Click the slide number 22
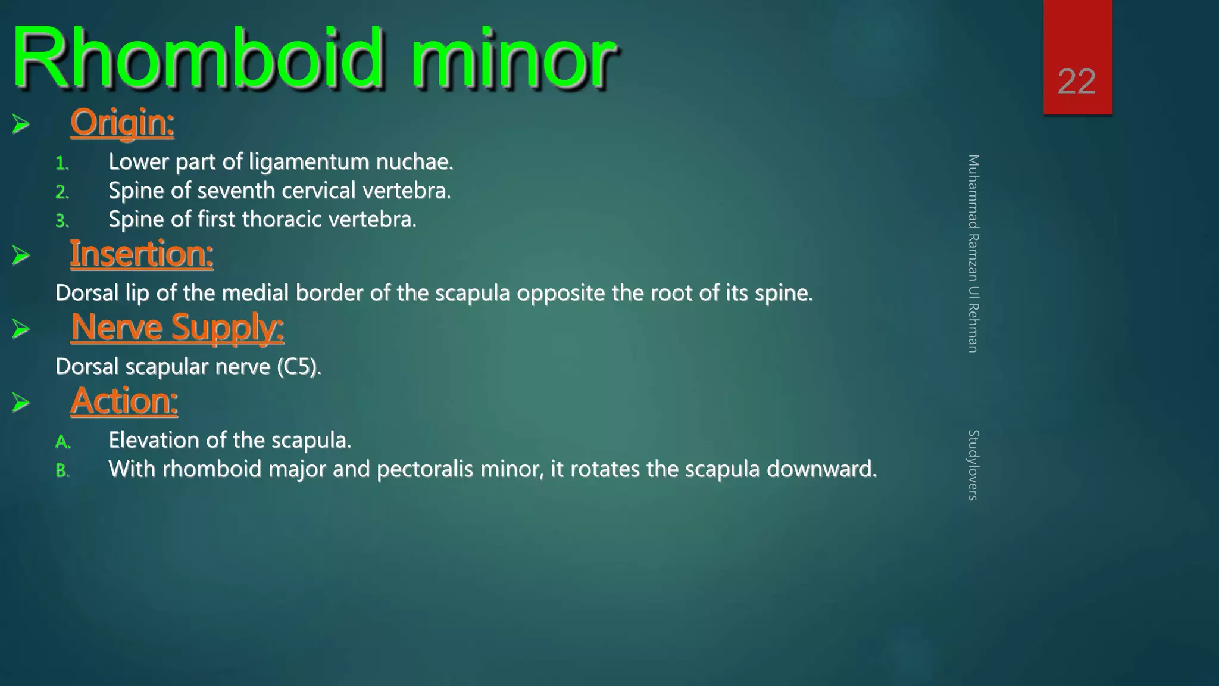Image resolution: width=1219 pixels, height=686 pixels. pyautogui.click(x=1077, y=82)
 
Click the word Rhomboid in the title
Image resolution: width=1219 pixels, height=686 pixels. pyautogui.click(x=196, y=60)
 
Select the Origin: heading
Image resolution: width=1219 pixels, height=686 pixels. pyautogui.click(x=122, y=123)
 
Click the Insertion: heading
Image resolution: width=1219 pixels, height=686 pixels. pyautogui.click(x=142, y=254)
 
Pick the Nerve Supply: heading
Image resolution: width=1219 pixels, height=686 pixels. pyautogui.click(x=177, y=328)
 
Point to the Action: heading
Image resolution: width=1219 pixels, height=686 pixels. pyautogui.click(x=124, y=401)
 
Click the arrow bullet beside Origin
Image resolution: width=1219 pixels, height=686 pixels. pyautogui.click(x=21, y=124)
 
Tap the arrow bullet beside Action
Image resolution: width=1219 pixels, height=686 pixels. pyautogui.click(x=21, y=403)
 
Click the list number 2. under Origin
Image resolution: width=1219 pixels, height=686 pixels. pyautogui.click(x=62, y=192)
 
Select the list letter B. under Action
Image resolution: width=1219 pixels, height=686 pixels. pyautogui.click(x=62, y=471)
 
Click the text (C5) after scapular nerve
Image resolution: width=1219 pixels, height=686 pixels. pyautogui.click(x=299, y=367)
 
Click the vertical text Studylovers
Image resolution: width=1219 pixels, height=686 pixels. pyautogui.click(x=973, y=465)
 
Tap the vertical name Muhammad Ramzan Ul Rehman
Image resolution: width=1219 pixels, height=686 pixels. pyautogui.click(x=973, y=254)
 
